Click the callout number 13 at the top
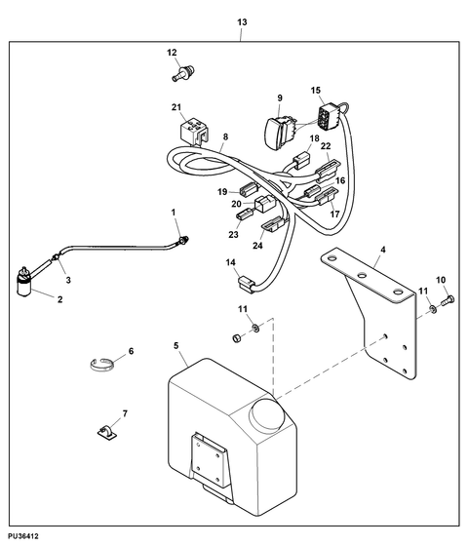click(x=242, y=21)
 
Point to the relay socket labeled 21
click(x=192, y=132)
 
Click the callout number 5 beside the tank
click(x=175, y=345)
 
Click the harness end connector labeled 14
click(x=248, y=285)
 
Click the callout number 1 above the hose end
click(x=174, y=212)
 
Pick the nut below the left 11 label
click(x=238, y=337)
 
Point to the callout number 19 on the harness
click(x=222, y=192)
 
